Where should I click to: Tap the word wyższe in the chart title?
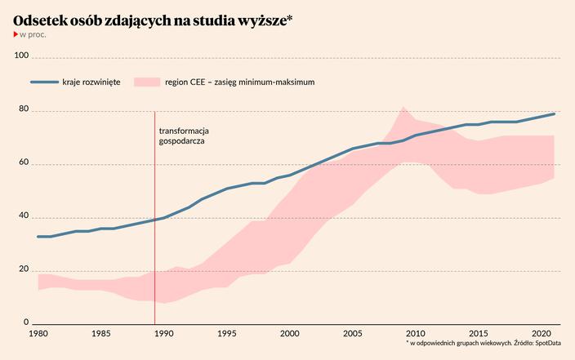261,20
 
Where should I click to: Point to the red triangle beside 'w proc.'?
16,35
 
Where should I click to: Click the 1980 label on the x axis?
38,334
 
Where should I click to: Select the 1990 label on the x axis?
164,334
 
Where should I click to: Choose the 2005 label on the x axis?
353,334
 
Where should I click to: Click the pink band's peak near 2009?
403,108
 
